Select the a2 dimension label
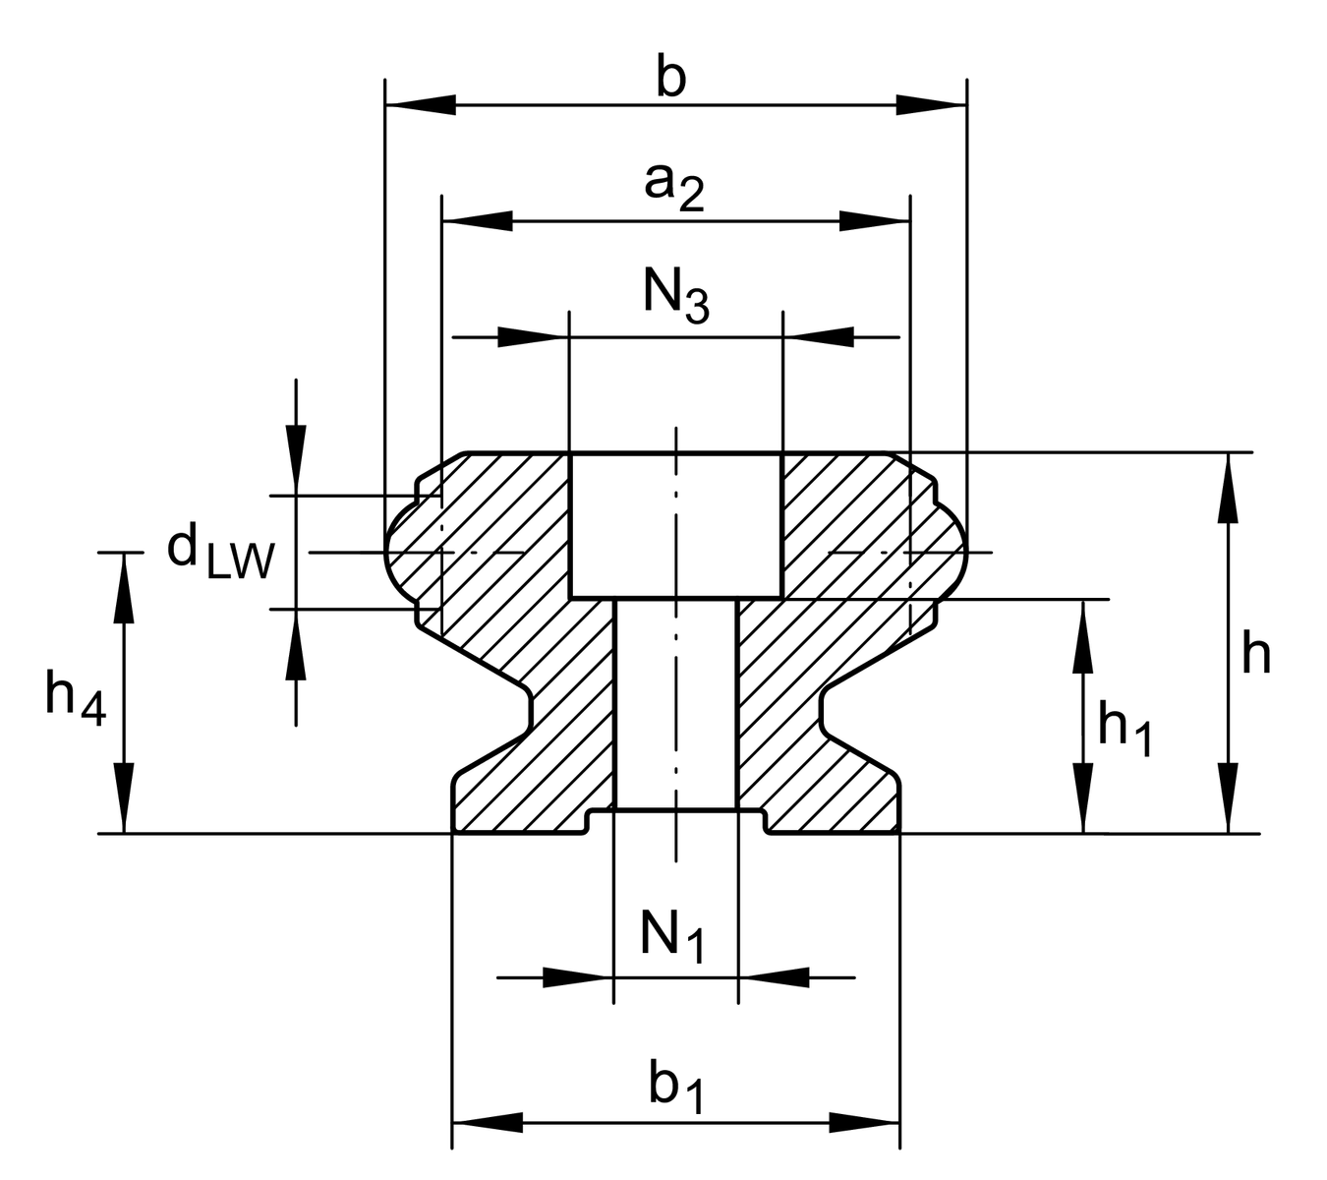pyautogui.click(x=674, y=186)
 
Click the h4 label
pyautogui.click(x=75, y=699)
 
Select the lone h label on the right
pyautogui.click(x=1255, y=654)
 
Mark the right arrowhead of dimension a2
pyautogui.click(x=874, y=220)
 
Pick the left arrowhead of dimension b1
pyautogui.click(x=487, y=1121)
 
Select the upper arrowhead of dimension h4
pyautogui.click(x=124, y=586)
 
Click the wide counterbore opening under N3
pyautogui.click(x=676, y=525)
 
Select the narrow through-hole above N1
pyautogui.click(x=676, y=703)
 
